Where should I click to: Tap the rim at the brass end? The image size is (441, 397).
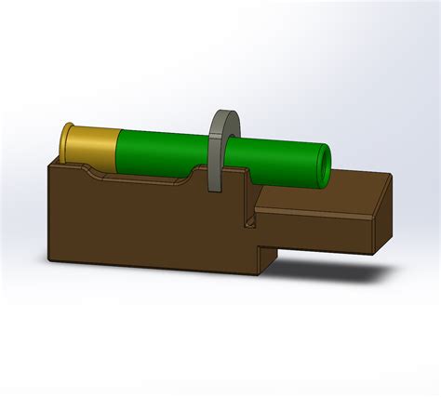tap(65, 142)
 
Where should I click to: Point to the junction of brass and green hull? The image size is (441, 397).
tap(118, 149)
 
